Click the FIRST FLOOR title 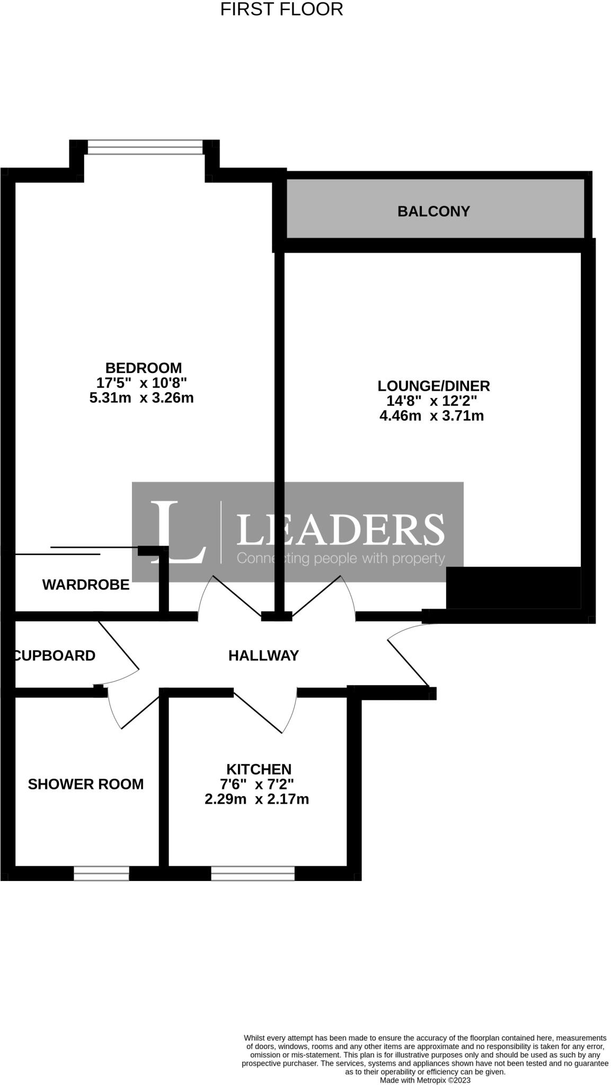[x=281, y=10]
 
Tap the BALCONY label [x=433, y=211]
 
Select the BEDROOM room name [x=143, y=368]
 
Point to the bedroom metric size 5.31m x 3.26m [x=141, y=398]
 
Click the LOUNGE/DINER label [x=433, y=386]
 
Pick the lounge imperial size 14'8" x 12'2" [x=432, y=401]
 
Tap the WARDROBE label [x=86, y=584]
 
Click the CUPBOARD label [x=55, y=655]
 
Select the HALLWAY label [x=263, y=655]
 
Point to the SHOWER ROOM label [x=86, y=784]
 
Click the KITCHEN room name [x=259, y=769]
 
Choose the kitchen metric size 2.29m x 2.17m [x=256, y=799]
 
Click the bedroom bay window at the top [x=145, y=147]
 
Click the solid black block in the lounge [x=513, y=588]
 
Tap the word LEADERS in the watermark [x=340, y=530]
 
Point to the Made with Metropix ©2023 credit [x=425, y=1080]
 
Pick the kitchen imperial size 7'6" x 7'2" [x=257, y=784]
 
